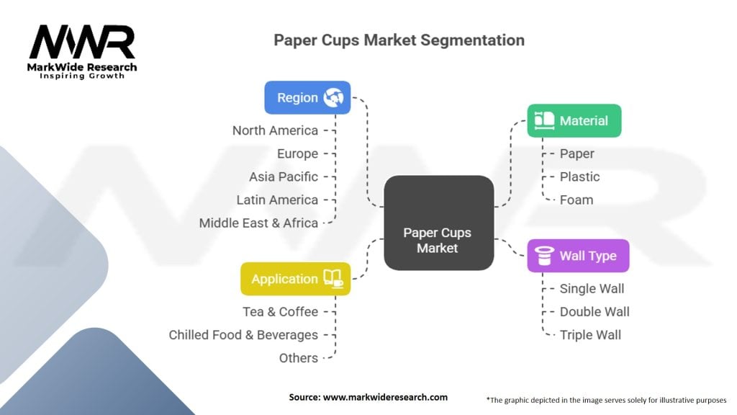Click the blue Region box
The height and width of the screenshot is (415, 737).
pyautogui.click(x=307, y=97)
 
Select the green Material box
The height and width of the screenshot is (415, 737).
pyautogui.click(x=574, y=120)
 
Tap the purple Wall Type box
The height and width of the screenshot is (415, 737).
pyautogui.click(x=578, y=256)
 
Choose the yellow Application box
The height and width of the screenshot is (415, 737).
pyautogui.click(x=295, y=279)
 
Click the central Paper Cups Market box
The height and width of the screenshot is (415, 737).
pyautogui.click(x=438, y=240)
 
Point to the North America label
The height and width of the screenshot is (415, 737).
pyautogui.click(x=275, y=130)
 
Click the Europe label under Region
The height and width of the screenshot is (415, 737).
pyautogui.click(x=297, y=153)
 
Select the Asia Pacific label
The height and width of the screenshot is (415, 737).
pyautogui.click(x=284, y=177)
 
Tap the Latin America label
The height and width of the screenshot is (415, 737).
pyautogui.click(x=277, y=200)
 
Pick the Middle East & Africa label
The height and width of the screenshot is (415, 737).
pyautogui.click(x=258, y=223)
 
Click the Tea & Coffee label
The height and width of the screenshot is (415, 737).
pyautogui.click(x=280, y=311)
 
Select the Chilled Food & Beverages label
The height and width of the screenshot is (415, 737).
pyautogui.click(x=243, y=334)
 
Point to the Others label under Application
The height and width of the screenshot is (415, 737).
pyautogui.click(x=298, y=357)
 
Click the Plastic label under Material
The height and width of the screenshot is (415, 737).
pyautogui.click(x=579, y=177)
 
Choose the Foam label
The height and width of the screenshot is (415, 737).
pyautogui.click(x=577, y=200)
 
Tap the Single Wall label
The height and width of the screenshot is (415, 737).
pyautogui.click(x=592, y=288)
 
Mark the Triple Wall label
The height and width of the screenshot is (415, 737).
pyautogui.click(x=590, y=334)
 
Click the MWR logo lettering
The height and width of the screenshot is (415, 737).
pyautogui.click(x=82, y=43)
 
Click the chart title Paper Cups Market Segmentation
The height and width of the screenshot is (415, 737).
pyautogui.click(x=399, y=40)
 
